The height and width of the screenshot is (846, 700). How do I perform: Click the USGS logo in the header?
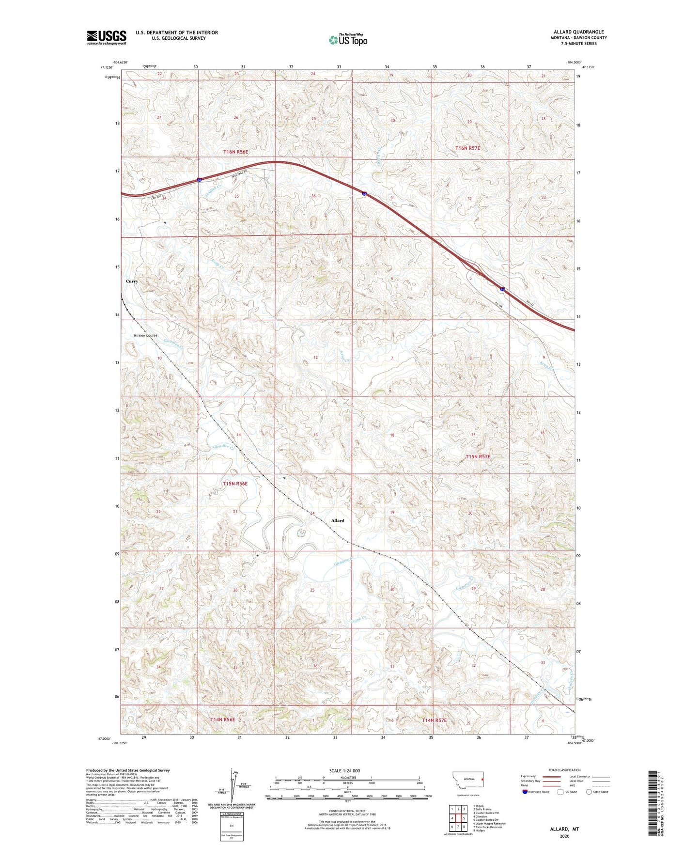point(107,37)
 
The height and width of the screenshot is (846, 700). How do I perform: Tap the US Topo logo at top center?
point(348,40)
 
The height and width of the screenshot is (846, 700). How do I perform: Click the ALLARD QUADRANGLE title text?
point(578,32)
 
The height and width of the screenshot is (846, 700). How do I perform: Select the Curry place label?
point(132,281)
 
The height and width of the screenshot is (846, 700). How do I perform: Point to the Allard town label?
point(338,520)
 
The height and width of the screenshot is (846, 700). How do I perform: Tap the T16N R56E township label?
point(235,152)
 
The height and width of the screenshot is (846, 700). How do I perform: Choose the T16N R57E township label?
point(467,148)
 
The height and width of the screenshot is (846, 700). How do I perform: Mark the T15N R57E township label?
point(478,456)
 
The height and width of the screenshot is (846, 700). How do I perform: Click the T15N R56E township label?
point(235,484)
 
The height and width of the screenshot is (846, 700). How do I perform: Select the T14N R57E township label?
point(434,720)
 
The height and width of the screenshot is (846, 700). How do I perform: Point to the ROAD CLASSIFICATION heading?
point(564,770)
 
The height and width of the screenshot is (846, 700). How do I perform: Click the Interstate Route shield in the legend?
point(525,792)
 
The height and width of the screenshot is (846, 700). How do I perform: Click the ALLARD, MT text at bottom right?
point(564,829)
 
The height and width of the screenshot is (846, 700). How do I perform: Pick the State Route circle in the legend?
point(589,792)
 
